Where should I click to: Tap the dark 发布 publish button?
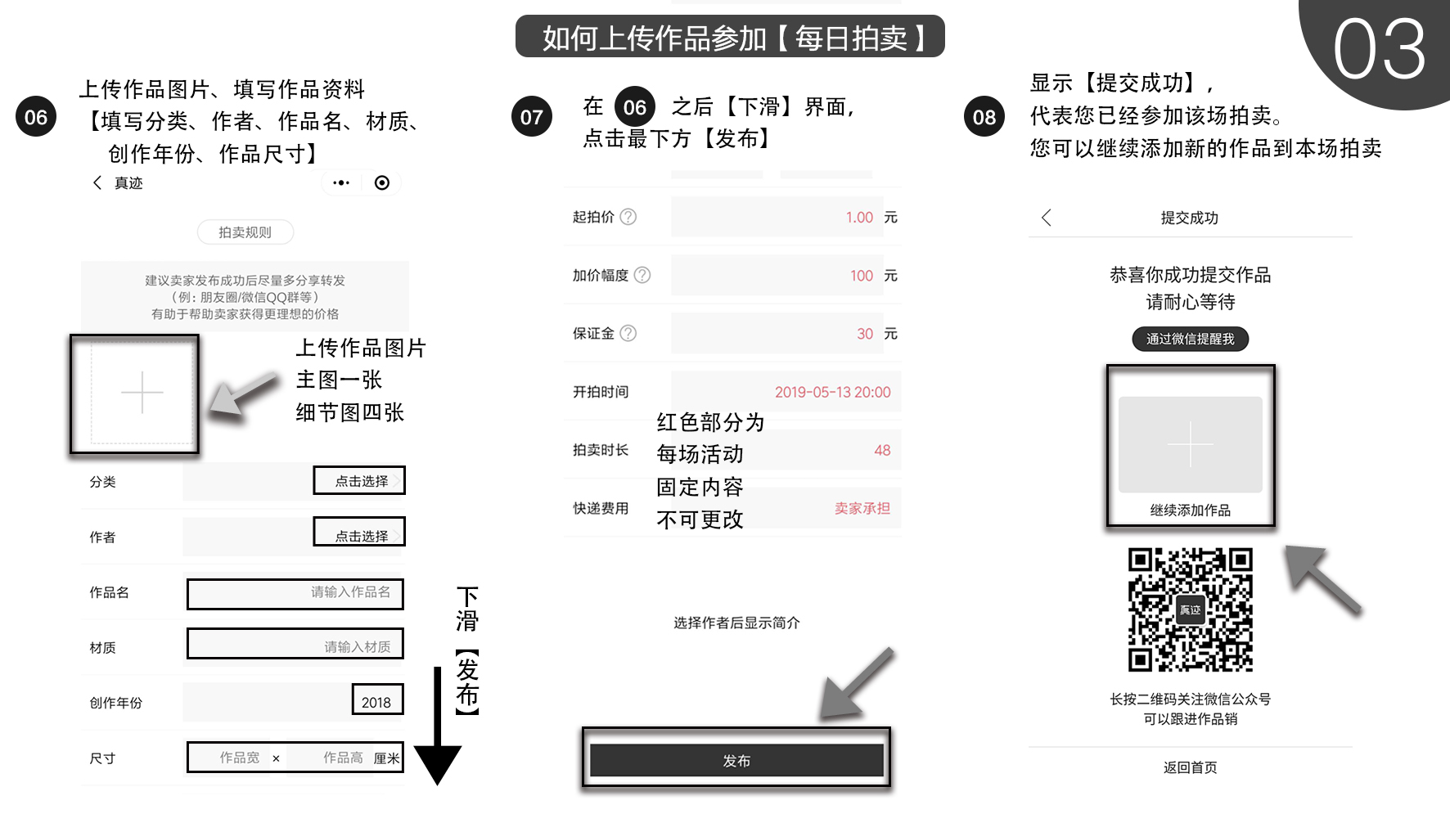click(x=736, y=760)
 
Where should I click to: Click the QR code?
click(x=1191, y=609)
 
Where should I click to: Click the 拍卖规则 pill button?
click(x=245, y=232)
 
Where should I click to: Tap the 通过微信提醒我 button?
click(x=1190, y=339)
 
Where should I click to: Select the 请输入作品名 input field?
click(x=295, y=593)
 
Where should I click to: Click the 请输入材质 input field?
click(x=295, y=645)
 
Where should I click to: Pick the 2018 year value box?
click(x=377, y=701)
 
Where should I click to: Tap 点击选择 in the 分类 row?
click(x=360, y=481)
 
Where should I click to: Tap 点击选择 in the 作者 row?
click(x=360, y=535)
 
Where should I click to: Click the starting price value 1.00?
click(x=859, y=217)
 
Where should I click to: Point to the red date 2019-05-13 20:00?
click(x=832, y=392)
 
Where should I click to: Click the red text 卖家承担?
click(x=862, y=508)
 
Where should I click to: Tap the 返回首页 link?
click(x=1190, y=767)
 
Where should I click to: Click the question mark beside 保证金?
click(x=628, y=333)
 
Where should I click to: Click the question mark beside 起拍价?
click(x=628, y=217)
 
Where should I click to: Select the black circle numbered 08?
click(x=984, y=117)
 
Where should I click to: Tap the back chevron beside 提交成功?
click(x=1047, y=218)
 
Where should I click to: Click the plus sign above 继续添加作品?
click(x=1190, y=444)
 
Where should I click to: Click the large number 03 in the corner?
click(x=1379, y=51)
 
